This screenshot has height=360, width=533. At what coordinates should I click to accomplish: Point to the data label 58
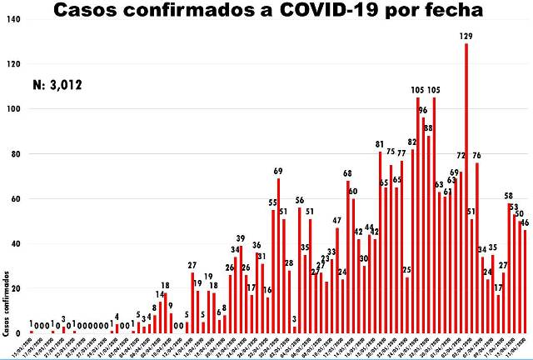point(509,196)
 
